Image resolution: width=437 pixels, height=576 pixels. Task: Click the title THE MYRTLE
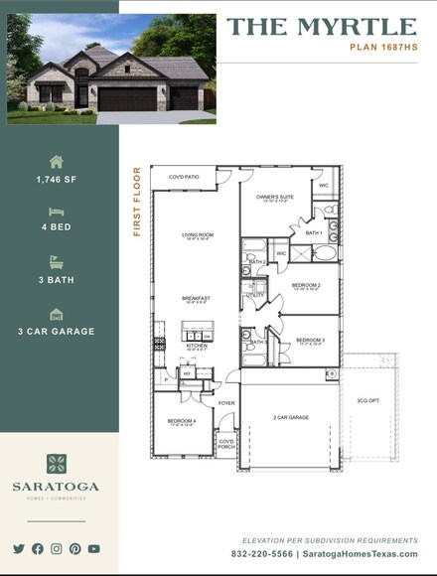pyautogui.click(x=322, y=27)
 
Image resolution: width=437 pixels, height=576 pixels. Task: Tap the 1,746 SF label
pyautogui.click(x=57, y=180)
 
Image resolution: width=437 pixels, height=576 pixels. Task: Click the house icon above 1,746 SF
pyautogui.click(x=57, y=161)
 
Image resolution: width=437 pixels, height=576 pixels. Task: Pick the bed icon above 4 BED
pyautogui.click(x=57, y=212)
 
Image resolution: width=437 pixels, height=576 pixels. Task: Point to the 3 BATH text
pyautogui.click(x=57, y=280)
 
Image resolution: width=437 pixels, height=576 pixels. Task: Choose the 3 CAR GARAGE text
pyautogui.click(x=57, y=331)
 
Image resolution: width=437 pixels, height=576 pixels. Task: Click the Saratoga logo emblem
pyautogui.click(x=57, y=465)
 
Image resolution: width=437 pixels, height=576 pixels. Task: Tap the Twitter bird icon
pyautogui.click(x=19, y=548)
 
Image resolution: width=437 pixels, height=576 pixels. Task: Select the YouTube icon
pyautogui.click(x=93, y=548)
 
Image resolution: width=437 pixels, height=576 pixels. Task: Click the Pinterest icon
pyautogui.click(x=74, y=548)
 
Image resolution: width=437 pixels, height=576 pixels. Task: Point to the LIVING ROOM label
pyautogui.click(x=198, y=236)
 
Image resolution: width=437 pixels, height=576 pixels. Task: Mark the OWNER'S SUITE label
pyautogui.click(x=275, y=198)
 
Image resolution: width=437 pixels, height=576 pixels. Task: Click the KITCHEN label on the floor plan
pyautogui.click(x=197, y=346)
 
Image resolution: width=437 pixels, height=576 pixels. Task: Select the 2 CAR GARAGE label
pyautogui.click(x=292, y=417)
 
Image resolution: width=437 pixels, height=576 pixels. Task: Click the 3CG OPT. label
pyautogui.click(x=367, y=401)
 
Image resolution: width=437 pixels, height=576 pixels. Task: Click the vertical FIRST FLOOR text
pyautogui.click(x=138, y=202)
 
